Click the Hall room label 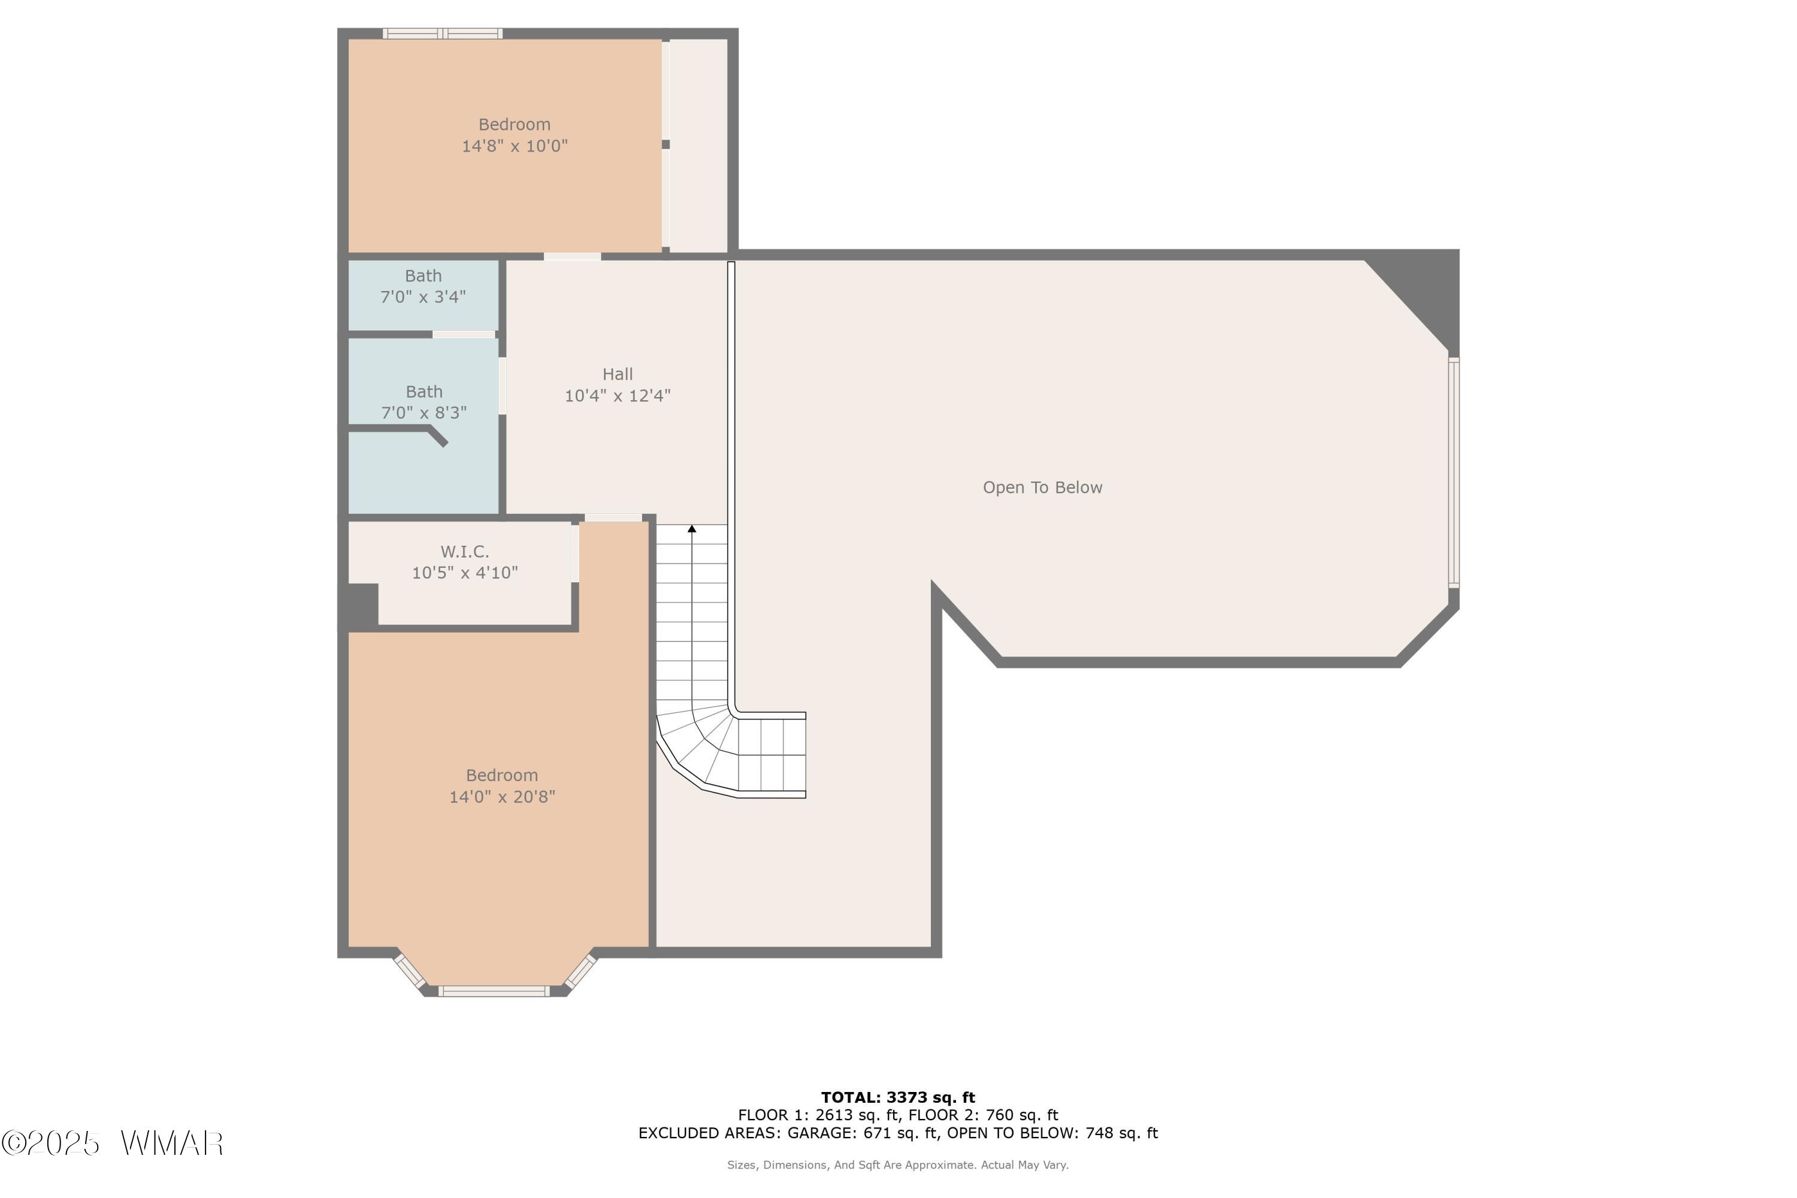618,374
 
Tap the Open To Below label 1042,488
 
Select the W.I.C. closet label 465,552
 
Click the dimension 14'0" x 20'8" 502,797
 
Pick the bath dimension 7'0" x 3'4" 423,297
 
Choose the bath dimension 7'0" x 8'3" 424,413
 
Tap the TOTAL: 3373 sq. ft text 898,1098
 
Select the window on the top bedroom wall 443,34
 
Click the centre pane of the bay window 494,991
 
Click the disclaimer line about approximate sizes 898,1165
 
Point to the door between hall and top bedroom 572,257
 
